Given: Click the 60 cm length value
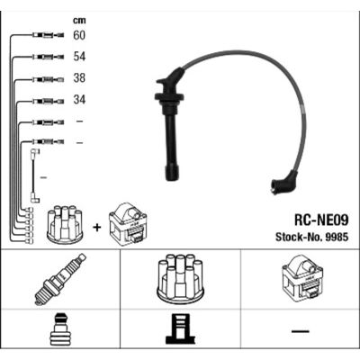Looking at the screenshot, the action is [x=79, y=35].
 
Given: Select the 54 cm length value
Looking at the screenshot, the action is [x=79, y=57].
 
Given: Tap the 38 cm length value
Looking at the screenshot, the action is [x=79, y=78].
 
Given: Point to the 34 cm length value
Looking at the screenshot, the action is [x=79, y=99].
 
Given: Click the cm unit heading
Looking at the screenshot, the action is [x=79, y=21].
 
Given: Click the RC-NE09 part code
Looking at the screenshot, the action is [x=321, y=220].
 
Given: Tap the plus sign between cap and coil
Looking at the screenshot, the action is [x=97, y=228].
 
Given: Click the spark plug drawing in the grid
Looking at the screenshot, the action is [x=60, y=279].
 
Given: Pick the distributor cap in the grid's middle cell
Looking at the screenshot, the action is [x=180, y=279].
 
